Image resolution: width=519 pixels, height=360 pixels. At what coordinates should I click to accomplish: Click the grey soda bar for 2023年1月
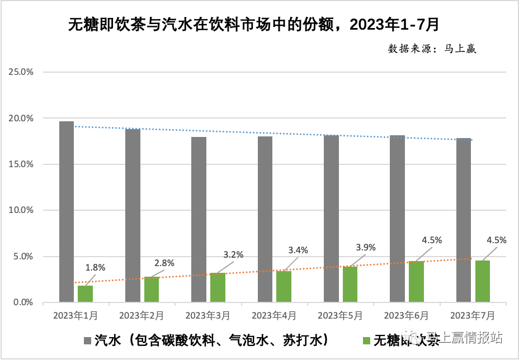click(x=67, y=212)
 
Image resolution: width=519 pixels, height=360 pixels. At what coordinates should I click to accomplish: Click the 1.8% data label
click(x=95, y=267)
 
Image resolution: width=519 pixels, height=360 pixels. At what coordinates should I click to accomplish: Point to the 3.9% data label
click(x=366, y=248)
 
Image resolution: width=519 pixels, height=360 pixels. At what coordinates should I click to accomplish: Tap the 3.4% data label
click(x=298, y=250)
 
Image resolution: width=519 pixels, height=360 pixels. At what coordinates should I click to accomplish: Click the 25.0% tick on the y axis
click(x=21, y=72)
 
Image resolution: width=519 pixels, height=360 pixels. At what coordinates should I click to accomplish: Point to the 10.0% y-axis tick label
click(x=21, y=210)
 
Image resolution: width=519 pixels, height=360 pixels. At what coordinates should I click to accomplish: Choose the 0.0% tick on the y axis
click(x=22, y=302)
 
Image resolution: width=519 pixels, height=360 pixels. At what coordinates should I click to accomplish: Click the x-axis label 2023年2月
click(x=141, y=316)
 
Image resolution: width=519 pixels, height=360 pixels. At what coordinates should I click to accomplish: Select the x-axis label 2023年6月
click(x=407, y=316)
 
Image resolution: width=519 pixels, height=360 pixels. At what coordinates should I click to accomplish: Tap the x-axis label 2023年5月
click(x=340, y=316)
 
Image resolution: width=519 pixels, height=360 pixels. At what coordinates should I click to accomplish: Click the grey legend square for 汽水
click(x=87, y=340)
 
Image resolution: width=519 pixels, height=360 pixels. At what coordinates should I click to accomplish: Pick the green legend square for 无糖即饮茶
click(x=366, y=340)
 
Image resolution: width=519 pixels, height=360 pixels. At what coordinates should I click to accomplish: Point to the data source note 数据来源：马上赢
click(x=432, y=49)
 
